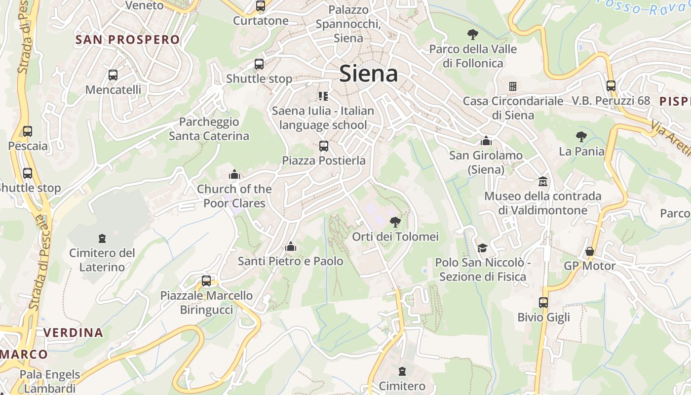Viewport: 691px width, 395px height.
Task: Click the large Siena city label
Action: (x=369, y=74)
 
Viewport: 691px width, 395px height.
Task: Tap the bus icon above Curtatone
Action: (x=261, y=6)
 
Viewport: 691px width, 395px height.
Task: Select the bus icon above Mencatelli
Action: (x=113, y=75)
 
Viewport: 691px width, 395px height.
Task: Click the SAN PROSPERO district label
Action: (x=127, y=40)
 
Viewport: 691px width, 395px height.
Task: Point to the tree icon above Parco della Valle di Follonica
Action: (x=473, y=35)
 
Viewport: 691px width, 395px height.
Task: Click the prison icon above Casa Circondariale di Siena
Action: (x=513, y=86)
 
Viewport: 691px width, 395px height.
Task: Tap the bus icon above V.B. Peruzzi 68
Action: (x=611, y=86)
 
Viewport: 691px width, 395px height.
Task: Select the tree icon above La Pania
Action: (x=581, y=136)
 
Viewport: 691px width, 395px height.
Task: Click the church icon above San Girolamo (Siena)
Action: (x=486, y=141)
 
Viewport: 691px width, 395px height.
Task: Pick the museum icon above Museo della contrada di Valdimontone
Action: (x=543, y=181)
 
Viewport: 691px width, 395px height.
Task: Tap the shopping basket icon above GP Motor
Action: (x=589, y=251)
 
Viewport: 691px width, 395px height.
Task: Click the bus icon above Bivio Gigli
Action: (x=543, y=303)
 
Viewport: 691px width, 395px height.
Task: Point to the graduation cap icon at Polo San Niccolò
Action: (x=482, y=248)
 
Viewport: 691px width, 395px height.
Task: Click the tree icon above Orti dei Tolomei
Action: (x=395, y=222)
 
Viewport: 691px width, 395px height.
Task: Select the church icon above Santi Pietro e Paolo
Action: (x=291, y=246)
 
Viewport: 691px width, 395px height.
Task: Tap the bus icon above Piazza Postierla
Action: (x=324, y=146)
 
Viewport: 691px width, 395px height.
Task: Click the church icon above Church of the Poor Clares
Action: (x=234, y=174)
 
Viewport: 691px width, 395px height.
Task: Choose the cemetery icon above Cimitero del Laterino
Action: (x=102, y=238)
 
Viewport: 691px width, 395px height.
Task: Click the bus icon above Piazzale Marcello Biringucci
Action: (x=206, y=281)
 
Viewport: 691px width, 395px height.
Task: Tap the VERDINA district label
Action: (x=73, y=332)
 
